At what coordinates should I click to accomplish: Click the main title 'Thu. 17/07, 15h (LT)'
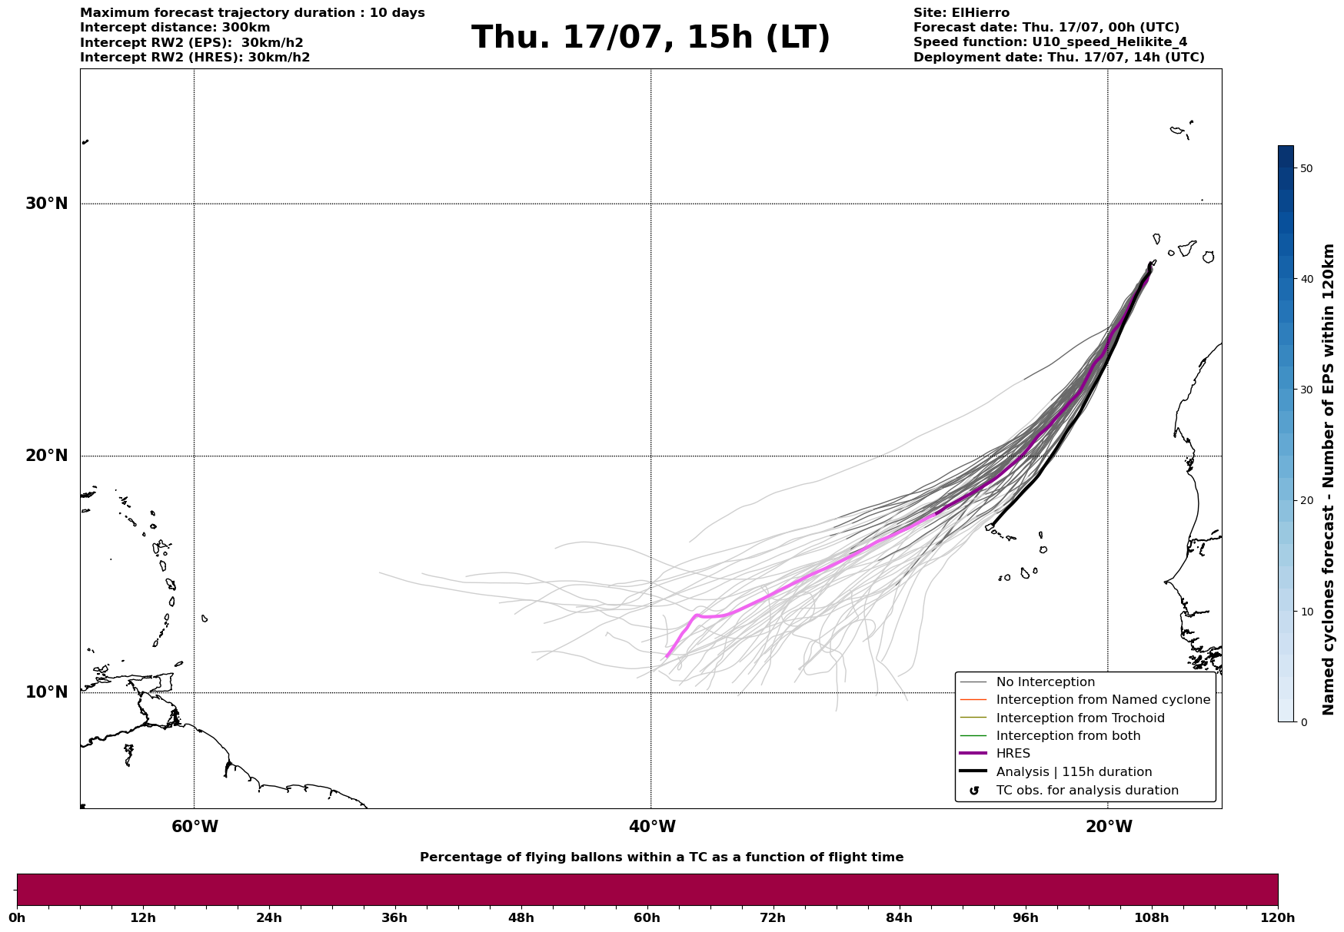point(650,38)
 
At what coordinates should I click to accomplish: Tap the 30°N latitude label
point(47,204)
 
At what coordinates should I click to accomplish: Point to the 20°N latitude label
point(47,456)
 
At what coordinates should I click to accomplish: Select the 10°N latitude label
point(47,692)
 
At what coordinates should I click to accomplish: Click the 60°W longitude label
point(195,827)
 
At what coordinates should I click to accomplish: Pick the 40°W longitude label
point(652,827)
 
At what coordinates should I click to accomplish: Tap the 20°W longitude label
point(1109,827)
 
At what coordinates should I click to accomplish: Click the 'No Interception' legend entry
point(1045,682)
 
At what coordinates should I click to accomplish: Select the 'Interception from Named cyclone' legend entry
point(1103,700)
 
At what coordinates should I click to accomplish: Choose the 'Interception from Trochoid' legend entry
point(1080,718)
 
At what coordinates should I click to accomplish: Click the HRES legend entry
point(1013,754)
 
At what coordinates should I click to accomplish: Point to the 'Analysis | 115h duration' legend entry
point(1073,772)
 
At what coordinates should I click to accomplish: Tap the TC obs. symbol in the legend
point(974,791)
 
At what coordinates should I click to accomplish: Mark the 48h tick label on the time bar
point(521,917)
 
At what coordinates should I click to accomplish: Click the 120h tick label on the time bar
point(1278,917)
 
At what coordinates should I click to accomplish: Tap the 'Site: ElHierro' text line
point(961,13)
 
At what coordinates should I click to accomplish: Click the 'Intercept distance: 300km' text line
point(175,28)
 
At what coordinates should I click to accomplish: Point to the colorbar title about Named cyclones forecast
point(1328,479)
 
